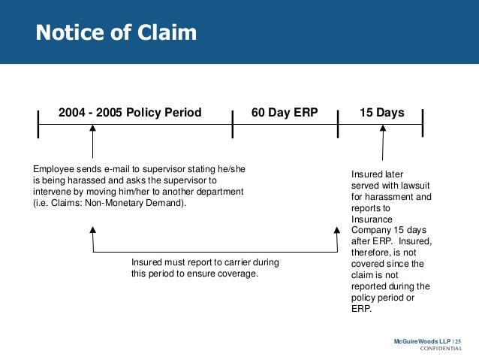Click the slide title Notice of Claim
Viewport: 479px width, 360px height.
tap(116, 32)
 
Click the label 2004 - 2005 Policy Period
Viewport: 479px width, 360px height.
tap(130, 113)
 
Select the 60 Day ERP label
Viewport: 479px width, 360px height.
tap(285, 113)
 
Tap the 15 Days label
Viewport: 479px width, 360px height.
tap(381, 113)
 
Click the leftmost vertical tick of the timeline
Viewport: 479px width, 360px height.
tap(38, 124)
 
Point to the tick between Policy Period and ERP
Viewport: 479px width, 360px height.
tap(233, 124)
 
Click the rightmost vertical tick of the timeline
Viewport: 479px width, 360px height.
tap(423, 124)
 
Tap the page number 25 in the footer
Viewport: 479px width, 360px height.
tap(459, 342)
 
